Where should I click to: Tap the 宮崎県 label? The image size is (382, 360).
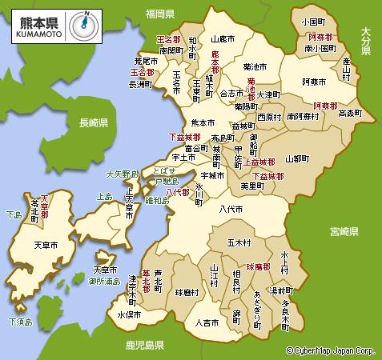click(x=346, y=232)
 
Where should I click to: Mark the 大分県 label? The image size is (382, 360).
click(x=365, y=41)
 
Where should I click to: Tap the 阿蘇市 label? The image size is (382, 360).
click(x=314, y=82)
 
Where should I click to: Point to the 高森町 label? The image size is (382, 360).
click(x=351, y=114)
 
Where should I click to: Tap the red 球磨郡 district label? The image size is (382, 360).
click(x=260, y=264)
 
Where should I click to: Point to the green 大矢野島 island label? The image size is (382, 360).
click(x=123, y=174)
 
